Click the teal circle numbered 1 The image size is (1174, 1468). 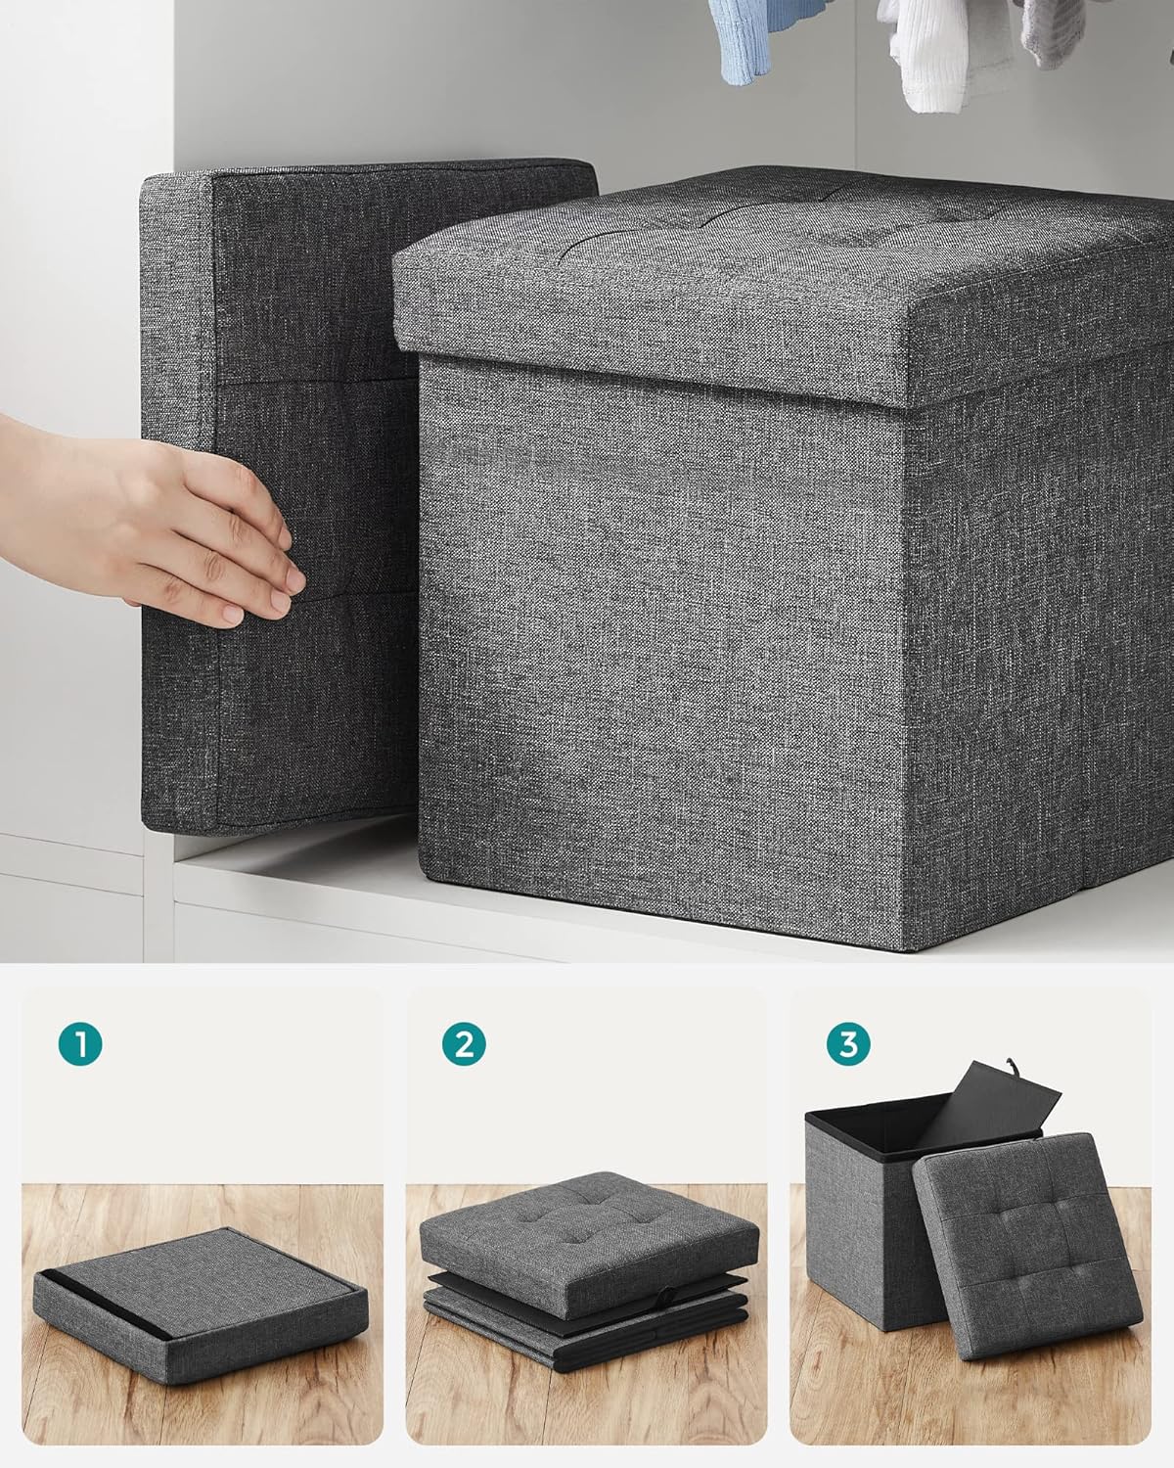tap(80, 1043)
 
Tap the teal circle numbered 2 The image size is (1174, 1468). tap(464, 1043)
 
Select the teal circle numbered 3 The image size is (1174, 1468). tap(848, 1043)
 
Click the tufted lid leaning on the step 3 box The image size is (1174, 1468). tap(1026, 1245)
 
